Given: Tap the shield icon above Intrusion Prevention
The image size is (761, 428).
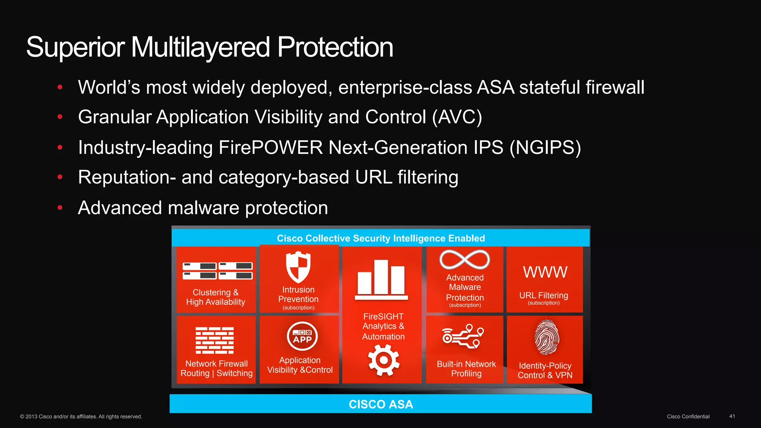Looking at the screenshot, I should [298, 267].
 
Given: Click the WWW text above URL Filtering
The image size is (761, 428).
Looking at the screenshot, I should [545, 272].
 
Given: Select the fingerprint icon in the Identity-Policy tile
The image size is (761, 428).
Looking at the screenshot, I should [546, 337].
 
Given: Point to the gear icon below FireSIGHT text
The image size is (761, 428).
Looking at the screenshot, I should [383, 360].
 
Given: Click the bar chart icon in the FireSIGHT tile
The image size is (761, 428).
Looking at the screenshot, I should [381, 280].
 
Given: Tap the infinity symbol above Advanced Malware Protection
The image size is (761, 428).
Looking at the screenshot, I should [464, 259].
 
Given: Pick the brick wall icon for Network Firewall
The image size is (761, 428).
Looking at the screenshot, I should [214, 340].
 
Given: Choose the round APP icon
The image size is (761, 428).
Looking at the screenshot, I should [302, 336].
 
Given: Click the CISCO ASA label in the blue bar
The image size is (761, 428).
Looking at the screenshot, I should [381, 404].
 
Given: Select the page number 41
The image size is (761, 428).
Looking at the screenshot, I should [732, 416].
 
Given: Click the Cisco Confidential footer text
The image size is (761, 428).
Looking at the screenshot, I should [688, 416].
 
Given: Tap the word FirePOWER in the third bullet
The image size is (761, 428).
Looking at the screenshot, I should [271, 147].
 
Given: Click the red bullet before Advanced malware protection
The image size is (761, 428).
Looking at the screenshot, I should [60, 208].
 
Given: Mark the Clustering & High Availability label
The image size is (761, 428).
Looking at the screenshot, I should [216, 297].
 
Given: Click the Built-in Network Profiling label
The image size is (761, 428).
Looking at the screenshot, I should [466, 369].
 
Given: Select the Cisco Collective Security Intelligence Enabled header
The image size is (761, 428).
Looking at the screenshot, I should [381, 238].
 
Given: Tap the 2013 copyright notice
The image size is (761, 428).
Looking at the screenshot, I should [81, 416].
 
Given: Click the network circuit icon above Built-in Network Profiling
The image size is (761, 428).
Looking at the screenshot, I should [463, 336].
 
